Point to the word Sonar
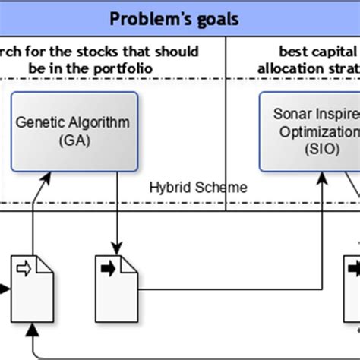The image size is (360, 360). coord(288,114)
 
